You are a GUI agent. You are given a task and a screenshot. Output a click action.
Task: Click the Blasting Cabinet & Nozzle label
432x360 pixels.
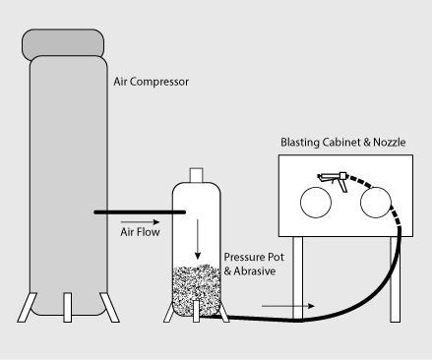[x=341, y=143]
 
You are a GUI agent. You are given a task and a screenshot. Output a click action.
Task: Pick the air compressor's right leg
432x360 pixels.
[x=105, y=307]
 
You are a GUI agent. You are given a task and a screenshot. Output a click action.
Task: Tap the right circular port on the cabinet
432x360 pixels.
[x=376, y=204]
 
